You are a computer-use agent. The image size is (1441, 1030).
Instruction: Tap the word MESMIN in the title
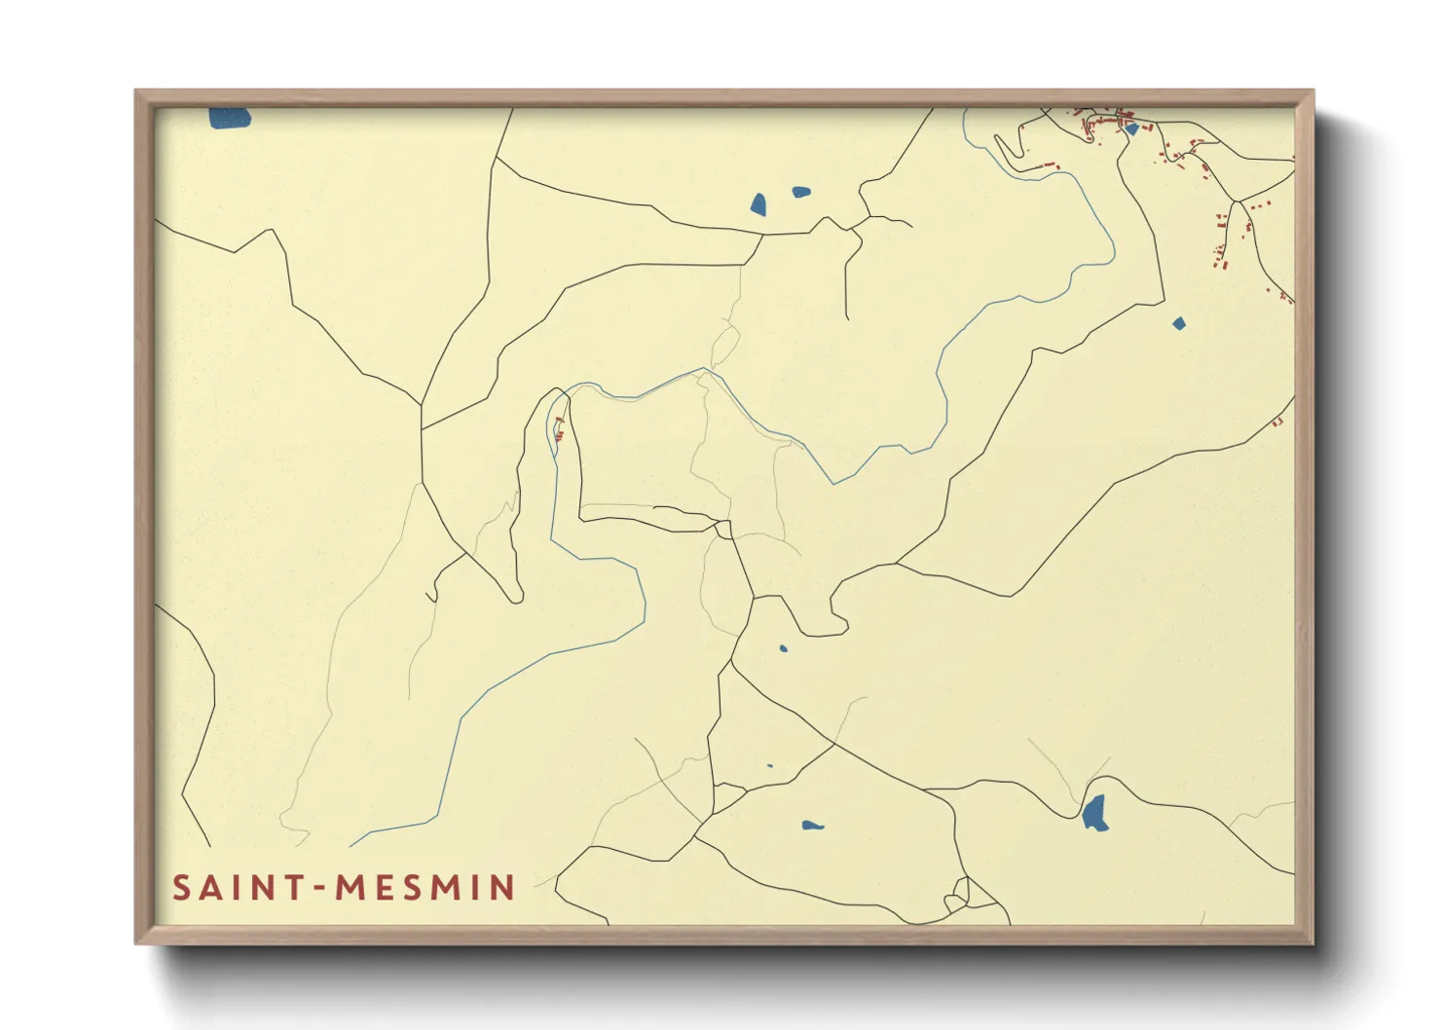[425, 888]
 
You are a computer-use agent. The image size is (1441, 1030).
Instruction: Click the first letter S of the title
[181, 888]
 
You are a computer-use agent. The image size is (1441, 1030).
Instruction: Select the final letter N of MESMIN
[503, 888]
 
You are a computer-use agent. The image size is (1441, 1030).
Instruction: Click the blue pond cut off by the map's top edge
[230, 118]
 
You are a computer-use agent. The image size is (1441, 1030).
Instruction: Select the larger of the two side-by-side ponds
[758, 204]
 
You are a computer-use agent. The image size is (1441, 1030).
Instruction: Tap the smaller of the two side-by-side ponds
[800, 193]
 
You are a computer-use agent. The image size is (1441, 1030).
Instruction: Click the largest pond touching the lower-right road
[1095, 812]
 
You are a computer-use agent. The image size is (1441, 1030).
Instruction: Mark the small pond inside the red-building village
[1131, 129]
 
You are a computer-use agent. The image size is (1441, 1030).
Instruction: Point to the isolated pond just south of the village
[1179, 323]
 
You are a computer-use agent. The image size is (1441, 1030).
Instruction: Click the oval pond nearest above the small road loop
[812, 826]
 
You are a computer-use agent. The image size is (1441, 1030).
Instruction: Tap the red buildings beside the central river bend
[559, 428]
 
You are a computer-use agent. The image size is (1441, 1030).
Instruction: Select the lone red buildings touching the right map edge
[1278, 422]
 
